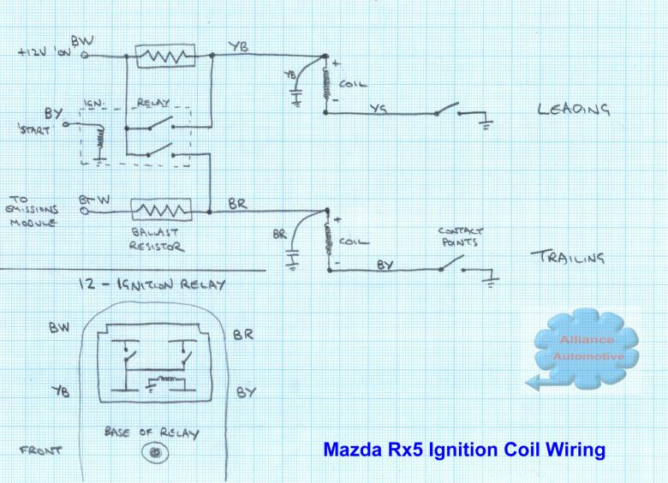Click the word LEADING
point(574,110)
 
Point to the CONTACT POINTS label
point(462,236)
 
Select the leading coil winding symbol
point(326,86)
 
